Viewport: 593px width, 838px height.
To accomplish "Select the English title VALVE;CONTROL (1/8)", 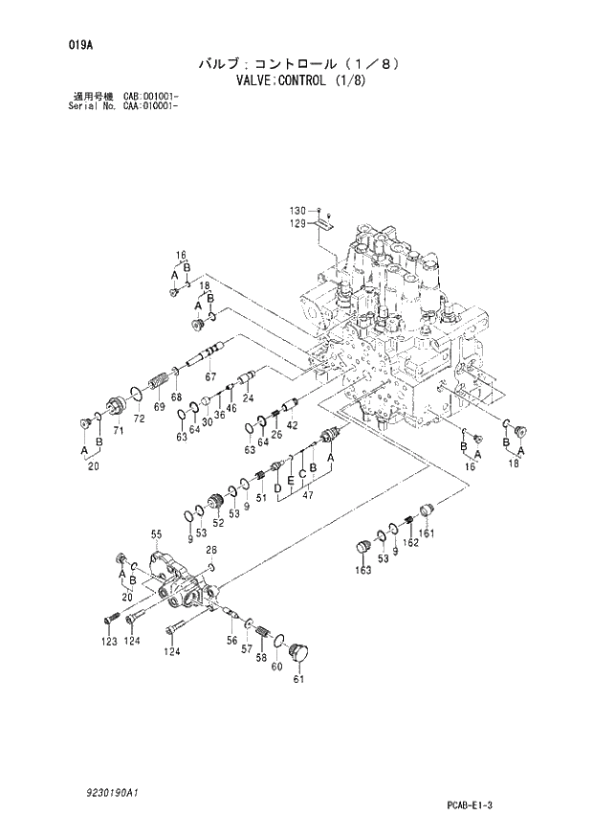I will coord(296,81).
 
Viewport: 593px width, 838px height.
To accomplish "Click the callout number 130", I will coord(297,210).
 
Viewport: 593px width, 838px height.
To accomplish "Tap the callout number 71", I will coord(120,432).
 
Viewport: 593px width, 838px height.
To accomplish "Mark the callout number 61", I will coord(297,679).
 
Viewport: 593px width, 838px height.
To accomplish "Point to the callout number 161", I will coord(428,533).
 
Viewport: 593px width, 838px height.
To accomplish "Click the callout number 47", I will coord(308,498).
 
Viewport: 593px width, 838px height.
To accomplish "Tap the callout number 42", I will coord(293,424).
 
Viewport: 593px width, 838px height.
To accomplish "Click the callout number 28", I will coord(211,550).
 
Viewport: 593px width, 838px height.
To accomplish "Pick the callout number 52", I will coord(217,522).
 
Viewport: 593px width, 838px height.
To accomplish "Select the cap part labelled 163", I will coord(362,547).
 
